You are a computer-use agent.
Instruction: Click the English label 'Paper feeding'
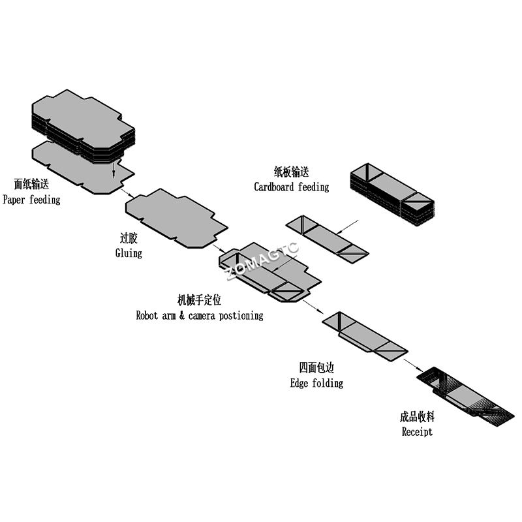[x=31, y=200]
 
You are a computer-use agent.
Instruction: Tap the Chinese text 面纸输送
[x=31, y=185]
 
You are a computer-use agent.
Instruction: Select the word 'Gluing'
[x=129, y=253]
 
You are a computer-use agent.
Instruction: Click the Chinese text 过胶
[x=129, y=238]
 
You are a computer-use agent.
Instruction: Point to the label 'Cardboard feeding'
[x=291, y=187]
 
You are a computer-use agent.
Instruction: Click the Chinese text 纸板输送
[x=291, y=172]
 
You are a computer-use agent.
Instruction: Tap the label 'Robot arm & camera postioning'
[x=200, y=315]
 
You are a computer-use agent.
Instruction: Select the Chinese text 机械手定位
[x=200, y=300]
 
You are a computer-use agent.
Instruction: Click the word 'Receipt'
[x=417, y=431]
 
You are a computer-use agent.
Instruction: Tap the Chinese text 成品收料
[x=417, y=416]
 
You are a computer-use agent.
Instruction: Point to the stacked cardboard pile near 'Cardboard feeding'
[x=392, y=192]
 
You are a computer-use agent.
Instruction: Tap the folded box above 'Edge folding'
[x=365, y=335]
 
